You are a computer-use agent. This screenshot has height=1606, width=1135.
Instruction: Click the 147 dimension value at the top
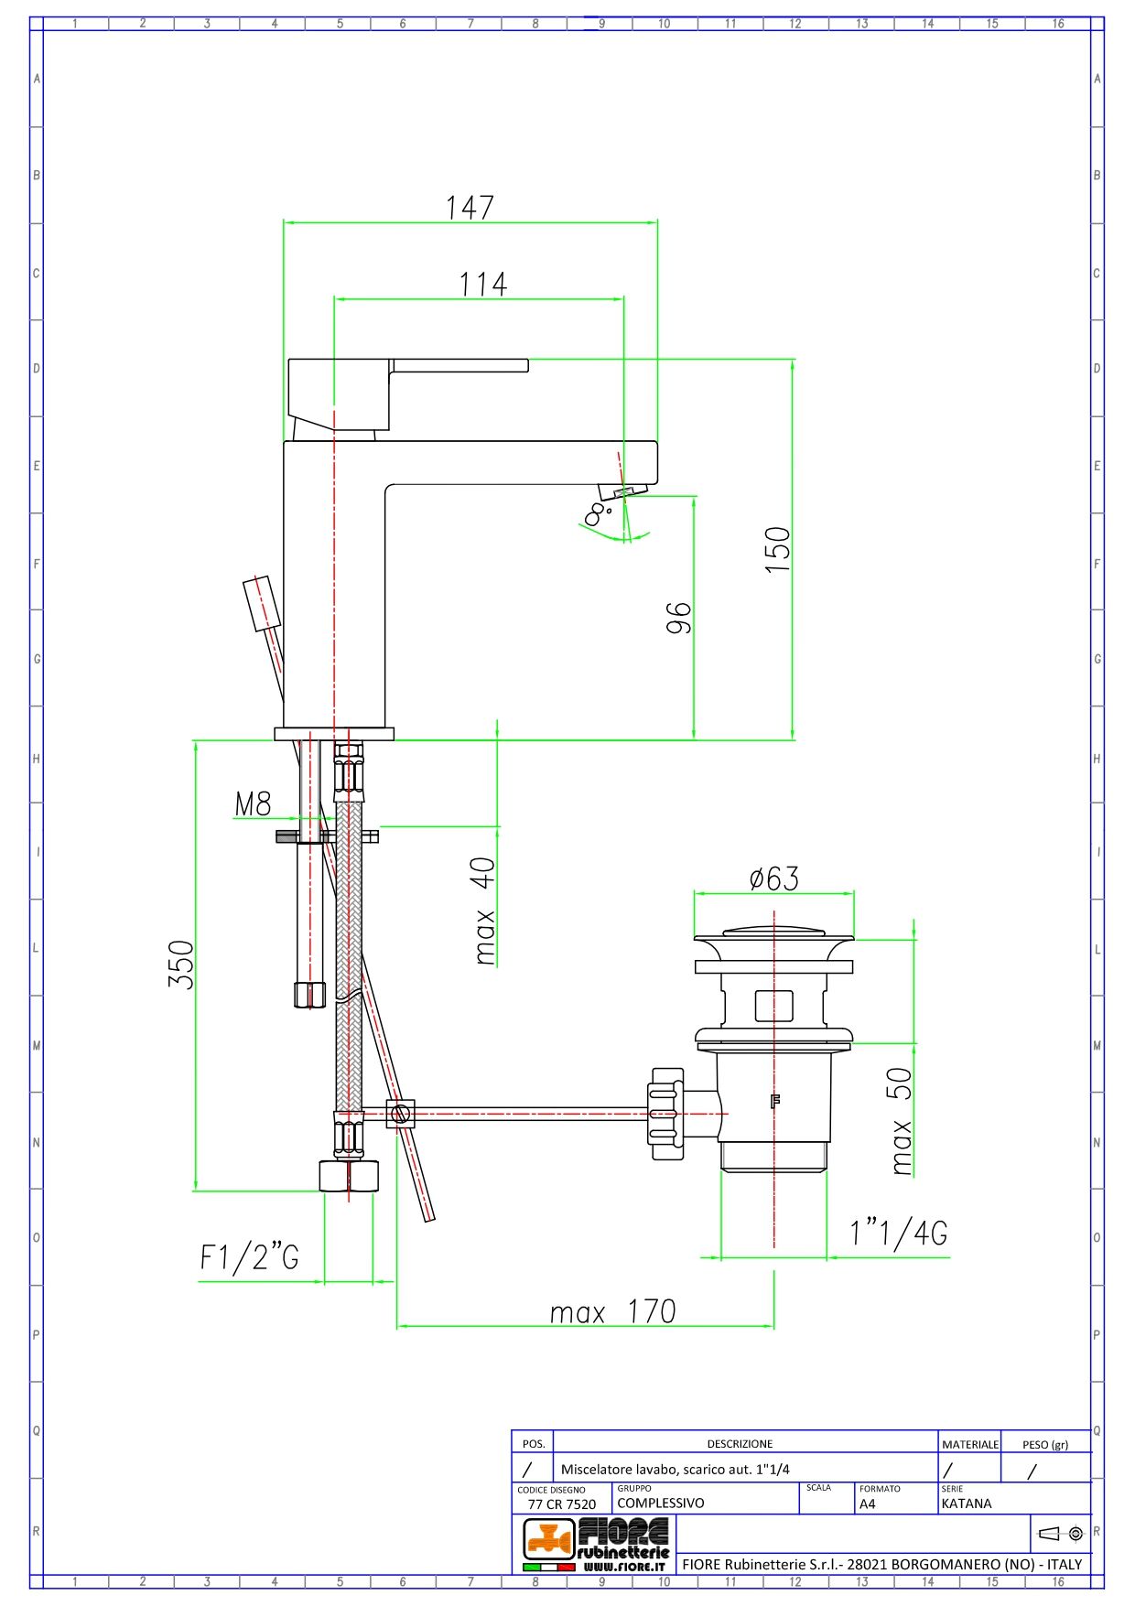[470, 208]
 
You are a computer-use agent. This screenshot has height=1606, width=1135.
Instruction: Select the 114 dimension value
[482, 285]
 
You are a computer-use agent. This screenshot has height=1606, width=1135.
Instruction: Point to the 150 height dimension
[777, 549]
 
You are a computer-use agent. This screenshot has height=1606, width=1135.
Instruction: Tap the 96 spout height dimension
[678, 618]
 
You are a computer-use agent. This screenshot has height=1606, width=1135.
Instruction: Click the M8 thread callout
[254, 803]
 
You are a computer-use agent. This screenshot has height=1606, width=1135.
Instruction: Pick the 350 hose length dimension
[181, 964]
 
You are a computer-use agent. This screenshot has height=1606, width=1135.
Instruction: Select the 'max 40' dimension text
[484, 911]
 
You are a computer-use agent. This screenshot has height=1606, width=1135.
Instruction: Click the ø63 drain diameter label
[774, 878]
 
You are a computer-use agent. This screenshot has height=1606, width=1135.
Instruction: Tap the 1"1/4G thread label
[899, 1233]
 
